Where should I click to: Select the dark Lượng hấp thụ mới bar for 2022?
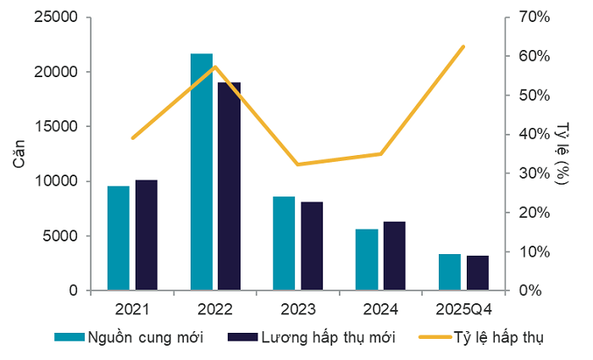pos(229,186)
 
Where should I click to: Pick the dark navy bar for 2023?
pos(312,246)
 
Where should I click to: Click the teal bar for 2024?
pos(367,259)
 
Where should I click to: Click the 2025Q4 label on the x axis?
pos(463,306)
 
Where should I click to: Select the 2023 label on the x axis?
pos(297,306)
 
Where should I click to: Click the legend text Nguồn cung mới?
pos(145,337)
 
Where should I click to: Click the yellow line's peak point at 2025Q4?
pos(463,46)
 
